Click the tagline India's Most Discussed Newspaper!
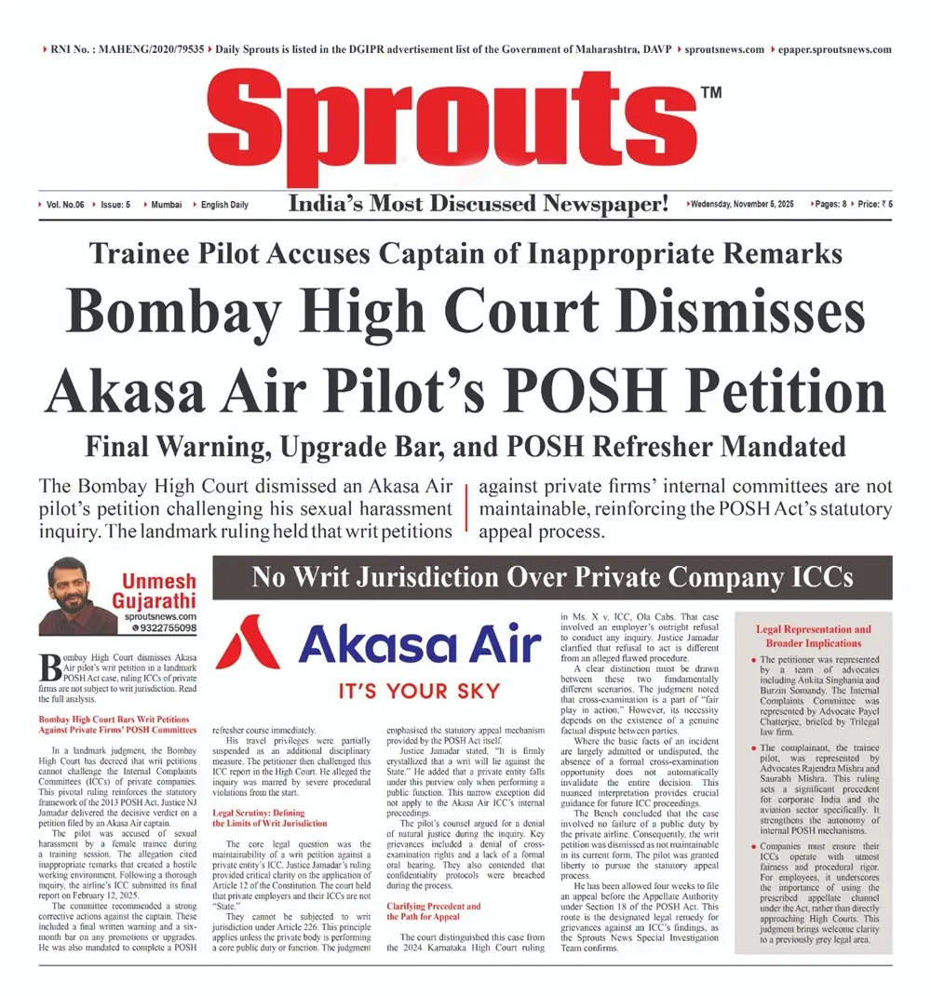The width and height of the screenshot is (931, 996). (479, 204)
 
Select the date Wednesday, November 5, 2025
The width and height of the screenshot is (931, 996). (742, 204)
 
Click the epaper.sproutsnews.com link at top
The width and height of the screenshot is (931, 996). (834, 49)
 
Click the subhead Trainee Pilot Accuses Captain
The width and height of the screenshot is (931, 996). (465, 254)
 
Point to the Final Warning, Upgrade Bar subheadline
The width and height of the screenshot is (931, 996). (465, 446)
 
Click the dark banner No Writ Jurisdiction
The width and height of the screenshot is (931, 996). (552, 578)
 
